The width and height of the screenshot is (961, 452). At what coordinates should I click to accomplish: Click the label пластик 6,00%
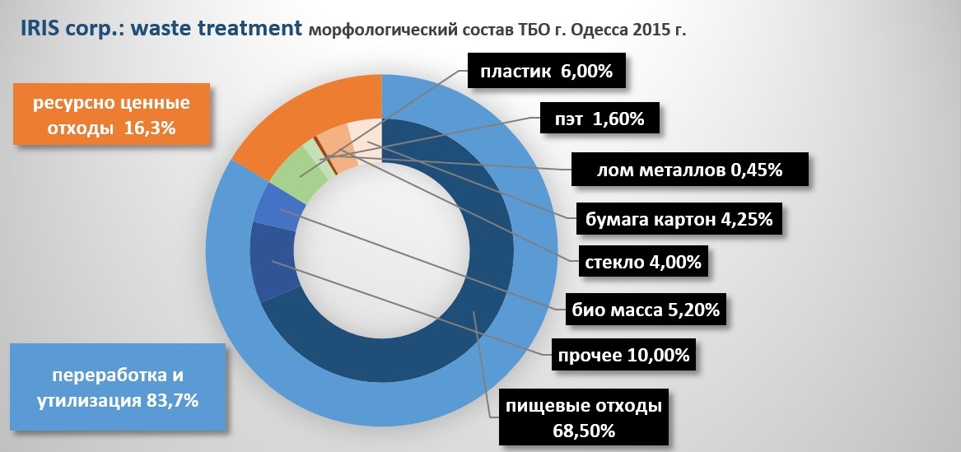coord(546,72)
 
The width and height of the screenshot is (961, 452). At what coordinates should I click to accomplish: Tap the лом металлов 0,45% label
coord(688,170)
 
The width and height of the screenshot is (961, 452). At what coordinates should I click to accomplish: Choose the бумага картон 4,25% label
coord(679,221)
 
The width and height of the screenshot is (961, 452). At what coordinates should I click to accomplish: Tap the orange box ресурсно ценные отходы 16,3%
coord(110,116)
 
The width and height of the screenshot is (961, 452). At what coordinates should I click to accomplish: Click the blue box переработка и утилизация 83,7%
coord(117,388)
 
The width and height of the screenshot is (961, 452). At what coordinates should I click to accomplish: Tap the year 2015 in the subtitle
coord(644,30)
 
